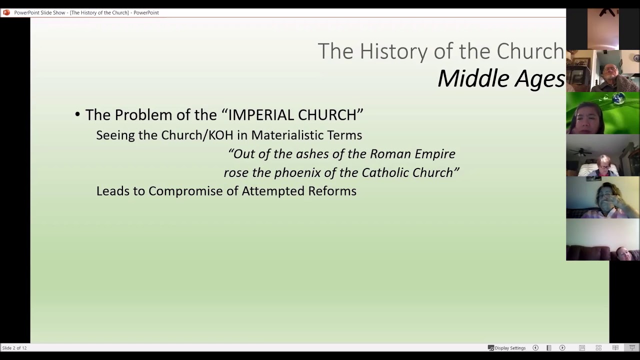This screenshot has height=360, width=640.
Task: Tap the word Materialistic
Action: [x=306, y=135]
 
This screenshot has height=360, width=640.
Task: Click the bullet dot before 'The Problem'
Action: [x=77, y=115]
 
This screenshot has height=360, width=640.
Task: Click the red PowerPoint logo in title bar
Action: [x=6, y=12]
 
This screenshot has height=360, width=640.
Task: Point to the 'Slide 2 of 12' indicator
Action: [x=14, y=348]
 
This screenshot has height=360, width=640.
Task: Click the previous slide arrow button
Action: [x=535, y=348]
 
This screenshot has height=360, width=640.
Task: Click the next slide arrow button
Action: [x=562, y=348]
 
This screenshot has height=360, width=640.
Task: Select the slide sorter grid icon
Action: [x=598, y=348]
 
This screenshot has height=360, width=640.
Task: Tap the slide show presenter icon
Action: [x=632, y=348]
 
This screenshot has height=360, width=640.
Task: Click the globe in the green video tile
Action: [x=618, y=98]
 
